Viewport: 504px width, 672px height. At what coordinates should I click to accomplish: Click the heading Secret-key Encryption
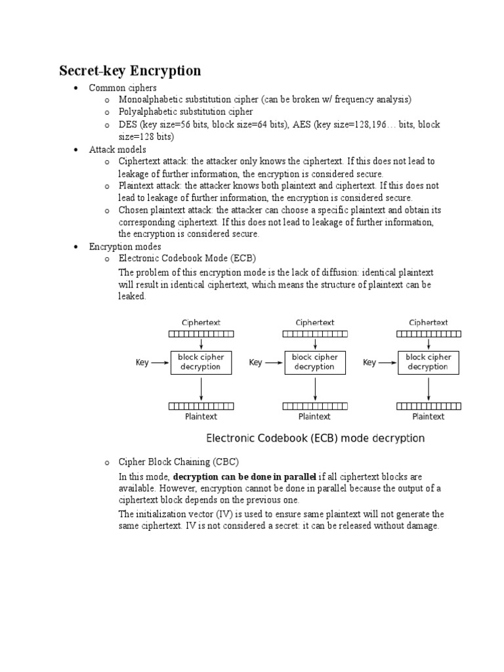click(x=130, y=71)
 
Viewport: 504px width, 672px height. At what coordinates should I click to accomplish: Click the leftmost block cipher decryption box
click(x=201, y=362)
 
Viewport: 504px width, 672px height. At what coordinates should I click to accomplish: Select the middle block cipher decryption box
click(x=314, y=362)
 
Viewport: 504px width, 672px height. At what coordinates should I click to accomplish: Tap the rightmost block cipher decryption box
click(x=428, y=362)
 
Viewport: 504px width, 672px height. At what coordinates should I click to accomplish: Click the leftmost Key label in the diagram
click(x=142, y=362)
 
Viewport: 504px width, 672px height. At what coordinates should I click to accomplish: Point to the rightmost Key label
click(x=369, y=362)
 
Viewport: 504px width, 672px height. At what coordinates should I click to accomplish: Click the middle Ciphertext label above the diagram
click(x=315, y=322)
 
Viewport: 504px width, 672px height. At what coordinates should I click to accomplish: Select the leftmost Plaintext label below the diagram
click(x=201, y=416)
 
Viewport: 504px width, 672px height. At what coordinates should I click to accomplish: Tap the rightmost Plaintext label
click(x=428, y=416)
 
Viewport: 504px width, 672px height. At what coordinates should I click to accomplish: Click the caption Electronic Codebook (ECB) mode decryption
click(x=315, y=438)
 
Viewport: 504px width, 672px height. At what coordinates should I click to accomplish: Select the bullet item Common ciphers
click(x=123, y=87)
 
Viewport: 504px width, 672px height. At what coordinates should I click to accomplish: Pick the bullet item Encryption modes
click(x=125, y=246)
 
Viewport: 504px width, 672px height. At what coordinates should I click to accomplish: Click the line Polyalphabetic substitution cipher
click(x=185, y=112)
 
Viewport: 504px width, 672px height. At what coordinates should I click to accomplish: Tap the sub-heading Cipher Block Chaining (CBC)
click(x=178, y=462)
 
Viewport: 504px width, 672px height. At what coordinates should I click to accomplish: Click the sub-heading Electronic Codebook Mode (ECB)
click(x=187, y=258)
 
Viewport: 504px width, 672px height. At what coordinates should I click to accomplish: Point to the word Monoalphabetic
click(x=148, y=99)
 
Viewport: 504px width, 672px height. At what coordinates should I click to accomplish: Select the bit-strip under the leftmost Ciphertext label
click(x=201, y=334)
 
